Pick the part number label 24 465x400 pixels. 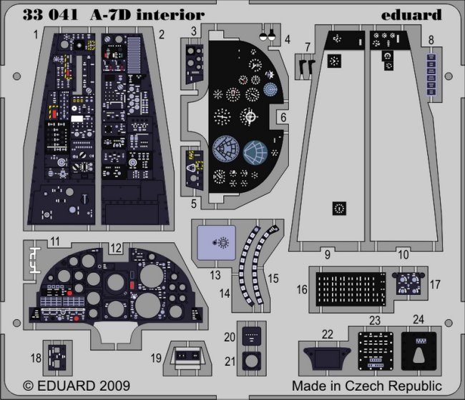coord(419,319)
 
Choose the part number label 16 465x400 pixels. coord(303,290)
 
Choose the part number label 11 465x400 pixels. coord(54,241)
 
